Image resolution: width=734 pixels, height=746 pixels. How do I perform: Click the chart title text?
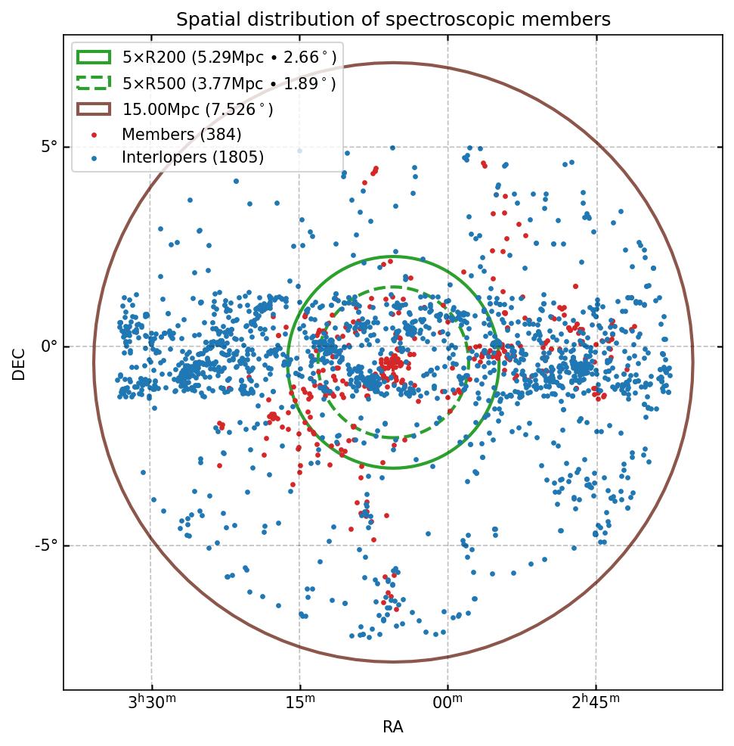[393, 19]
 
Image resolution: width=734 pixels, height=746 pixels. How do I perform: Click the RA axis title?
[393, 727]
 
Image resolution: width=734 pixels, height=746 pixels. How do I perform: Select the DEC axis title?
[19, 363]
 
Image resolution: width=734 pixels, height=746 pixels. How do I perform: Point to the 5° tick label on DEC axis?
[49, 147]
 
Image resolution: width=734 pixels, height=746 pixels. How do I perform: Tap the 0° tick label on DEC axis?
[49, 347]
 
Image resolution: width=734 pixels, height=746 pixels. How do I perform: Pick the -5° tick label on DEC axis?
[47, 546]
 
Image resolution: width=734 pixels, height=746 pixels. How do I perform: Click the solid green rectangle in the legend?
[94, 58]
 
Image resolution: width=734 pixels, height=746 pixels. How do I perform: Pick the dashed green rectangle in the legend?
[94, 82]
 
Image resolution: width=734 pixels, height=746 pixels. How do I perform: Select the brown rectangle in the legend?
[94, 109]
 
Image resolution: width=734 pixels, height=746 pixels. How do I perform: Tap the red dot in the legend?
[94, 135]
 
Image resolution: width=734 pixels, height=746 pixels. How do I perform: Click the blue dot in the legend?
[94, 158]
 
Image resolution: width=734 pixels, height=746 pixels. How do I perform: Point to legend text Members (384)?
[181, 135]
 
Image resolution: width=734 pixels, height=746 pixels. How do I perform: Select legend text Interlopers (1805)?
[193, 158]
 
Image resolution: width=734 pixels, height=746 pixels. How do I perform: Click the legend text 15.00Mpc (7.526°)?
[198, 109]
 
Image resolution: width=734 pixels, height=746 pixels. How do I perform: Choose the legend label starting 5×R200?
[229, 58]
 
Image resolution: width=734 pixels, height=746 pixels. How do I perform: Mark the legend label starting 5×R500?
[229, 83]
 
